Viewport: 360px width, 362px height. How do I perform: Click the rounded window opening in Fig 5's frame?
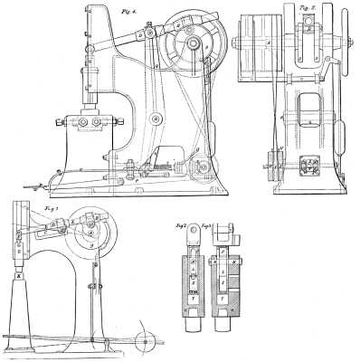pos(310,102)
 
